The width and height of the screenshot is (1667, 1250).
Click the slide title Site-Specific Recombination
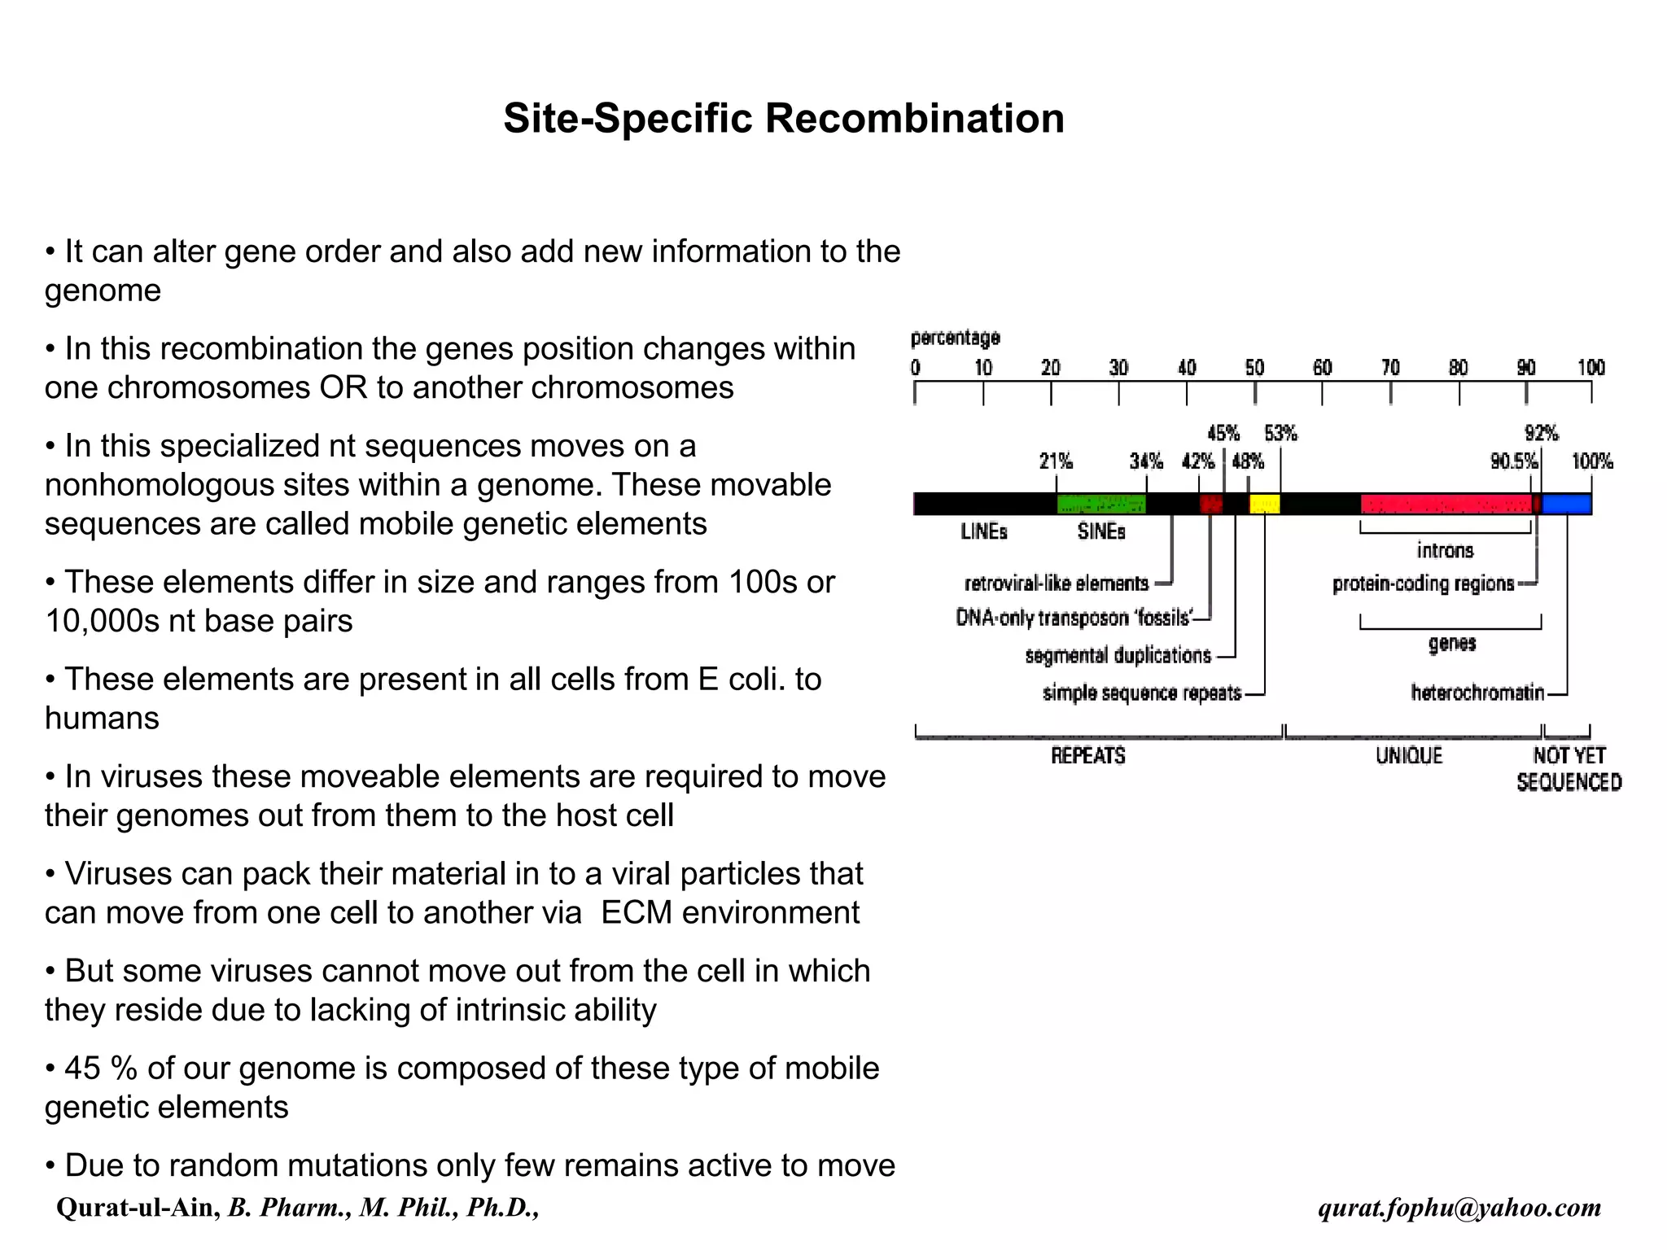click(x=783, y=118)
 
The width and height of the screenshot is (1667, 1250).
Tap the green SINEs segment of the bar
click(x=1100, y=505)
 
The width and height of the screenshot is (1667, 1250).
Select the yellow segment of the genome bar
click(x=1264, y=505)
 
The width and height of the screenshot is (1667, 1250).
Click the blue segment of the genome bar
click(x=1567, y=505)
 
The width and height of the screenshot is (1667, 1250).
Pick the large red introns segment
click(x=1446, y=505)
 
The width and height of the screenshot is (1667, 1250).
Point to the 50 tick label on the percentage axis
click(x=1254, y=368)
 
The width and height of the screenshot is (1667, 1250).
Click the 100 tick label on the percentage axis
click(x=1591, y=368)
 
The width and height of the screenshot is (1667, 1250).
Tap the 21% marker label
click(x=1056, y=462)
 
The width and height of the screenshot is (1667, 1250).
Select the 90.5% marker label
click(x=1513, y=462)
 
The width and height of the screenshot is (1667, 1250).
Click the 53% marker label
click(x=1280, y=433)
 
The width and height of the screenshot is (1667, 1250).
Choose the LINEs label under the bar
click(x=983, y=532)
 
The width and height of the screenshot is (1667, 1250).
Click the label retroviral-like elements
click(x=1056, y=583)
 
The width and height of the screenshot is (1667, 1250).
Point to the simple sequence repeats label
click(x=1141, y=693)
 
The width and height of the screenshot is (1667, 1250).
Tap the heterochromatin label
click(x=1477, y=693)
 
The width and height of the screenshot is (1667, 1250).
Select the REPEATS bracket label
click(x=1087, y=756)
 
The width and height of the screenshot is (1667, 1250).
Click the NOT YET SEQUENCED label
click(x=1569, y=769)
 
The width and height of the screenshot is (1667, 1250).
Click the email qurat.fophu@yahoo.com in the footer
click(x=1459, y=1208)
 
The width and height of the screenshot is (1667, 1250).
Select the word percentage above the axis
click(x=955, y=338)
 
